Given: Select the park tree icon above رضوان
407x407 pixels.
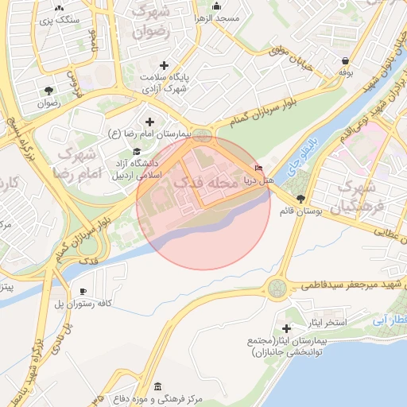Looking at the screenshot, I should (49, 90).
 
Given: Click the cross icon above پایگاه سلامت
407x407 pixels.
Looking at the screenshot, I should (165, 64).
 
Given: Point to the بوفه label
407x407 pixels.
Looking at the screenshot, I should (345, 72).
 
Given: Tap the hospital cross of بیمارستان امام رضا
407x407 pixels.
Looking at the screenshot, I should (149, 121).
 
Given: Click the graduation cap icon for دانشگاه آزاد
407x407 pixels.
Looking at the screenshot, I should (136, 151).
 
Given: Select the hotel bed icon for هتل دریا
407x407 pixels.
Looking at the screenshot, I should (260, 168).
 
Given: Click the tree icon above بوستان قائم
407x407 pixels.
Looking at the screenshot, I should (299, 199).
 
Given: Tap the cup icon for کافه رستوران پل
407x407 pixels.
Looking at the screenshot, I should (83, 291).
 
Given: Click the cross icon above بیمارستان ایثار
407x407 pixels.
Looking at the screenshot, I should (287, 328).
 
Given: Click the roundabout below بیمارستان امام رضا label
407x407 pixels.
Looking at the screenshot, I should (204, 136).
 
